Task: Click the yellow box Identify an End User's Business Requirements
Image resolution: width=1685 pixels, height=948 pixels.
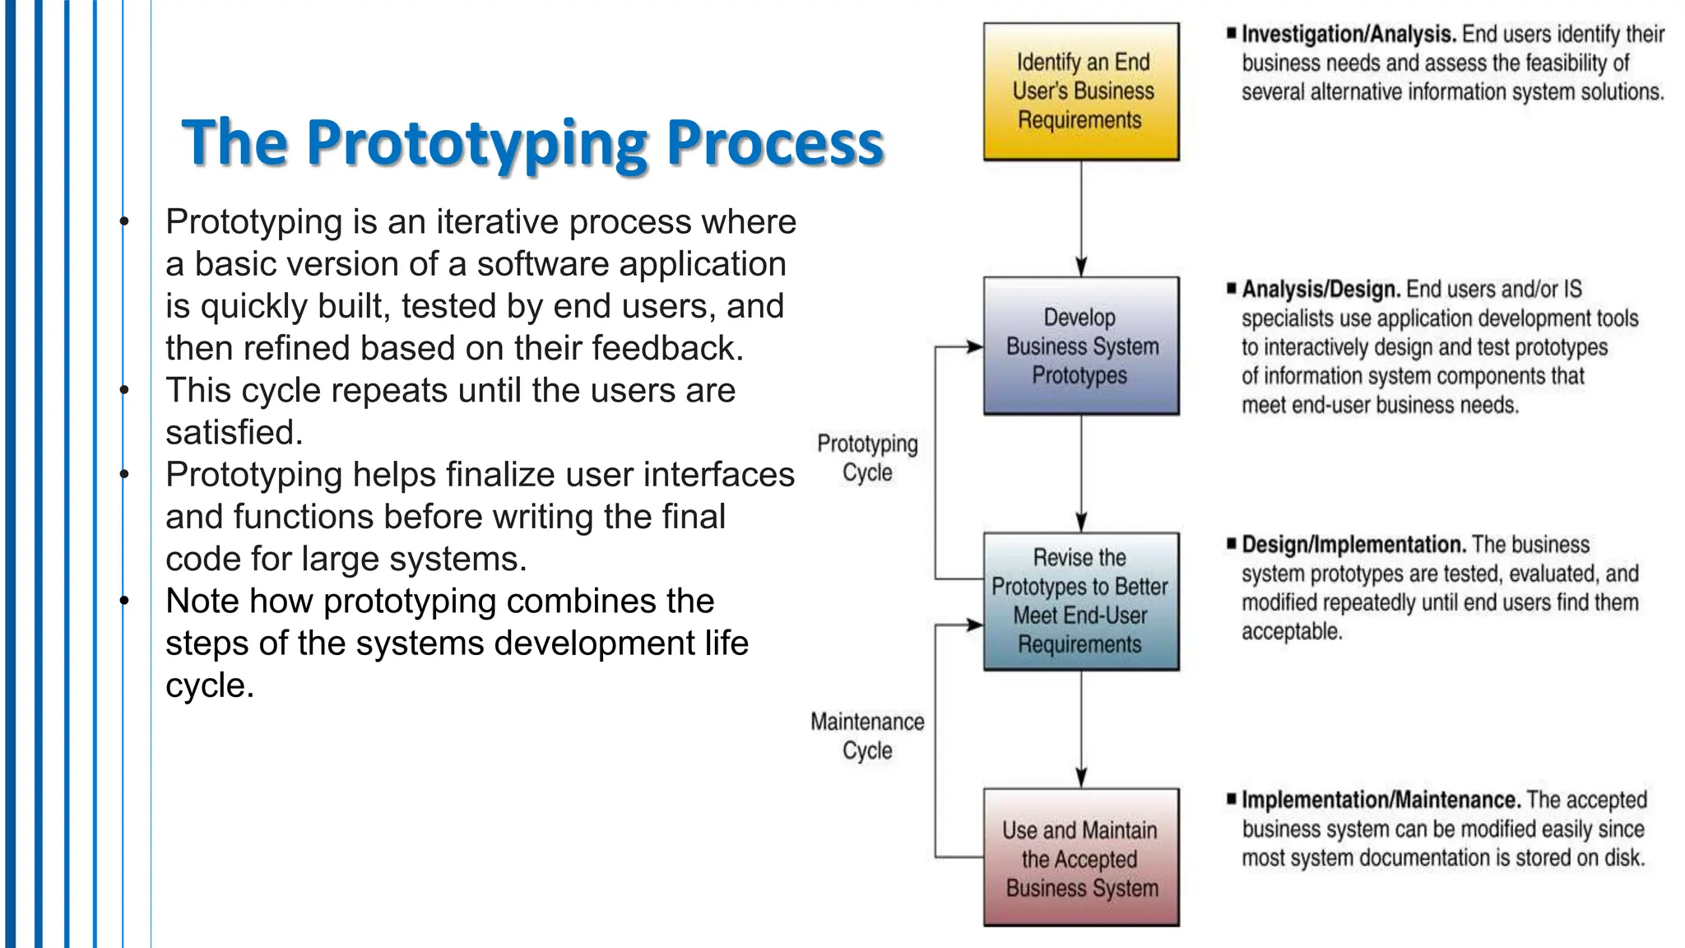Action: [1081, 91]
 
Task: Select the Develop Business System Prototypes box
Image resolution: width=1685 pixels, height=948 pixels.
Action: [1081, 346]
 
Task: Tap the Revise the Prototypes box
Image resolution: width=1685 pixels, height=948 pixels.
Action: [1081, 601]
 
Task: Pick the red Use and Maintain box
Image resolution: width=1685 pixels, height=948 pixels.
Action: [1081, 857]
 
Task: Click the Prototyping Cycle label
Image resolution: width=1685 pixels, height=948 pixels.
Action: [867, 458]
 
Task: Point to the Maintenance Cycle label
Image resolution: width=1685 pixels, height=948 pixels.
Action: [867, 736]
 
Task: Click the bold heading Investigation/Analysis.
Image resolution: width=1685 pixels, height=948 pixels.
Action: [1348, 35]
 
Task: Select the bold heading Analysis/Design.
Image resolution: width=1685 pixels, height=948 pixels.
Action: [1321, 290]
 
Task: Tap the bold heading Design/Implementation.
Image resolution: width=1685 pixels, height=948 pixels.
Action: [1353, 545]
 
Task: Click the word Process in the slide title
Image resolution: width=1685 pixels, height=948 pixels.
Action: [774, 144]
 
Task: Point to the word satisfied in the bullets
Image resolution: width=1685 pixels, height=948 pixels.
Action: [234, 433]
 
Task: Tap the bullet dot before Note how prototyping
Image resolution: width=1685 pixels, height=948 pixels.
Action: [124, 601]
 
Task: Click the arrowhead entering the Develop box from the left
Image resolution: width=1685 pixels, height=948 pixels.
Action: [976, 347]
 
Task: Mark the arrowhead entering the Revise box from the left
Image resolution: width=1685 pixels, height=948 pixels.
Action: [976, 625]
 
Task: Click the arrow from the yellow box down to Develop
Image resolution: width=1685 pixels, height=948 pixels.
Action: [1081, 218]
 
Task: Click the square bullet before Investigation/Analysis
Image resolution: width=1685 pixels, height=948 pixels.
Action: [1231, 34]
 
